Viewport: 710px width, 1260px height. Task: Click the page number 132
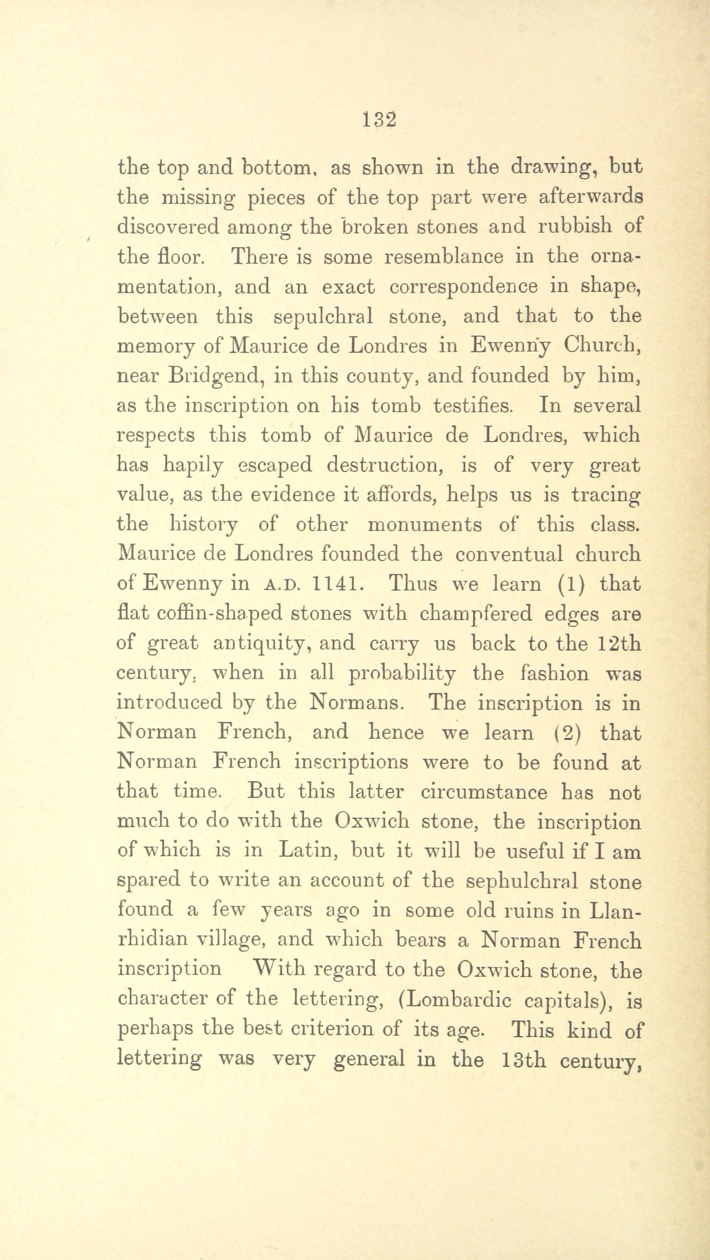379,120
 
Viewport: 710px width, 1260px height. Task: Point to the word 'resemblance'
444,256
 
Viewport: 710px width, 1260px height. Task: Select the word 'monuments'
425,524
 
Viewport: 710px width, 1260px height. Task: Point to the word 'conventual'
509,554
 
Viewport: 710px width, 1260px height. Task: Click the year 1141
337,584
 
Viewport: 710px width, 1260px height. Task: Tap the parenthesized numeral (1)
572,584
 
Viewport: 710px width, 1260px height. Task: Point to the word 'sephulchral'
522,881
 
